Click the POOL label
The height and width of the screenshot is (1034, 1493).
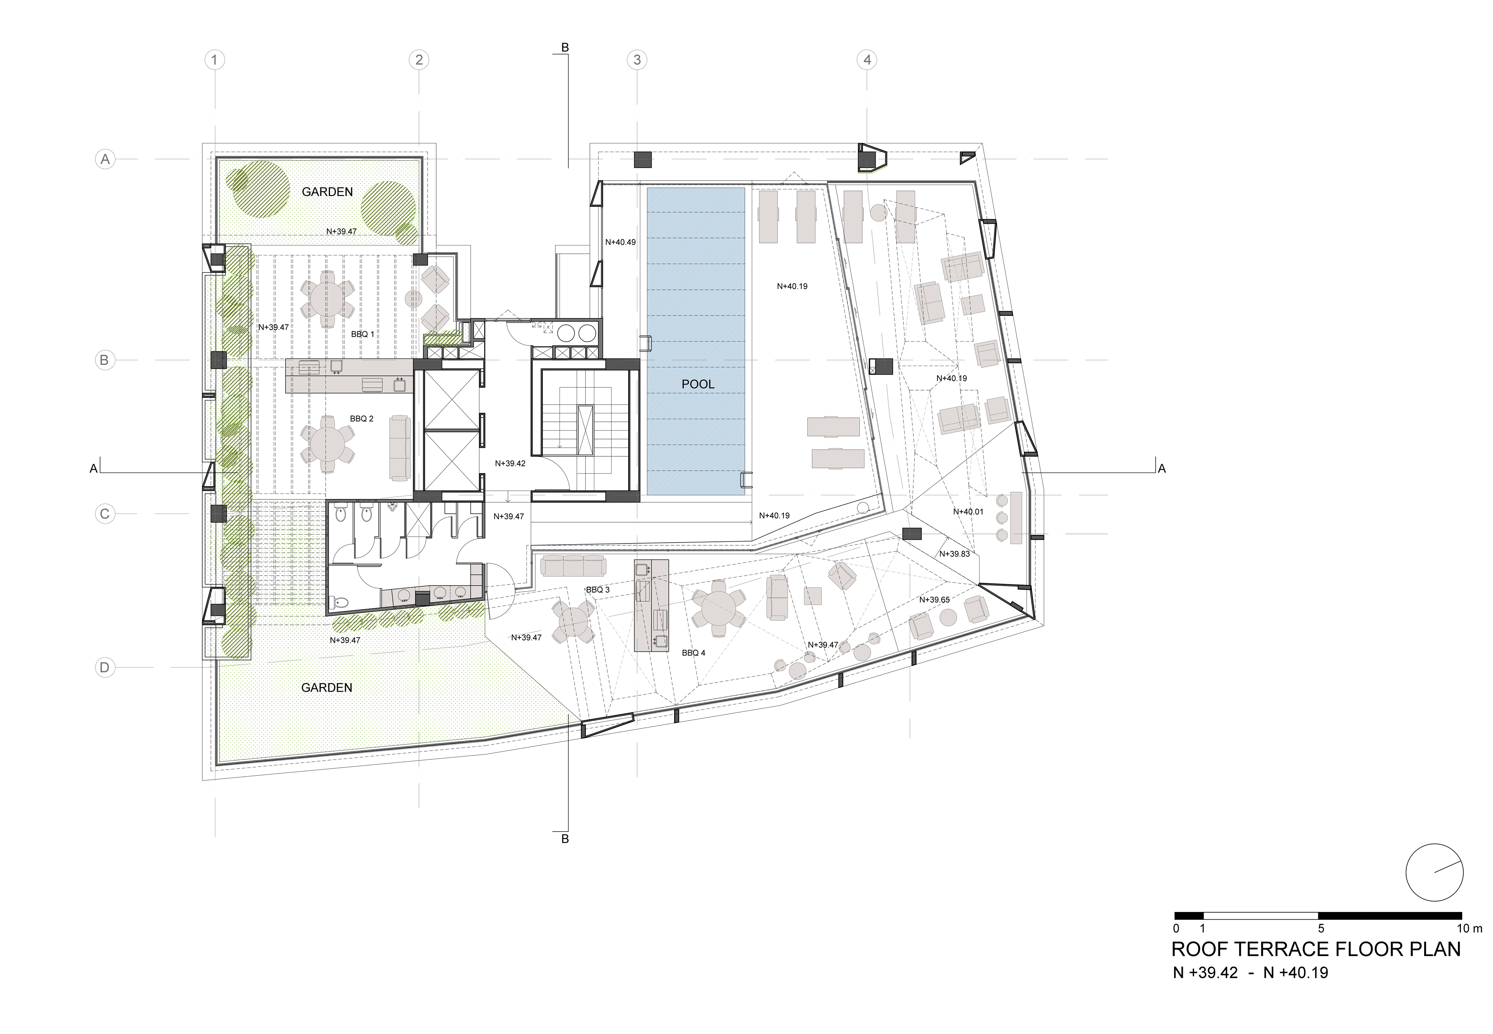[698, 384]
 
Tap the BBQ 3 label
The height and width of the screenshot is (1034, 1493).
[597, 590]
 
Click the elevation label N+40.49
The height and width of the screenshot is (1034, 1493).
[620, 242]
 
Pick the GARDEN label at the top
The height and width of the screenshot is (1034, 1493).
[327, 192]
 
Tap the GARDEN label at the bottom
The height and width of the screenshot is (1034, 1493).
[326, 687]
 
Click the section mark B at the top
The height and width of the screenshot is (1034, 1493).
[565, 47]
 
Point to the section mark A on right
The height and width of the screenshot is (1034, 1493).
[1162, 468]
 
